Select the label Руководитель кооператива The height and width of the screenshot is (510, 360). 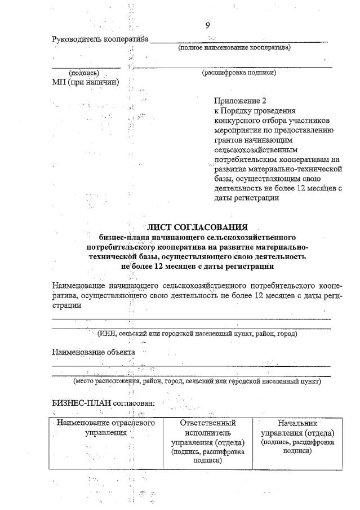(x=100, y=39)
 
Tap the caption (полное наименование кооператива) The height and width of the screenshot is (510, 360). (x=234, y=48)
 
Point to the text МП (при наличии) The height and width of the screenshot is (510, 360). (x=85, y=82)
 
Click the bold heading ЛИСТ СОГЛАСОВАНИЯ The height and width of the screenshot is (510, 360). (x=197, y=227)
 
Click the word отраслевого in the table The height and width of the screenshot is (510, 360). (x=130, y=423)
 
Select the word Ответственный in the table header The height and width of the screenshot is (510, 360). (x=207, y=423)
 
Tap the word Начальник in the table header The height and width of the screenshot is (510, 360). (x=298, y=423)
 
